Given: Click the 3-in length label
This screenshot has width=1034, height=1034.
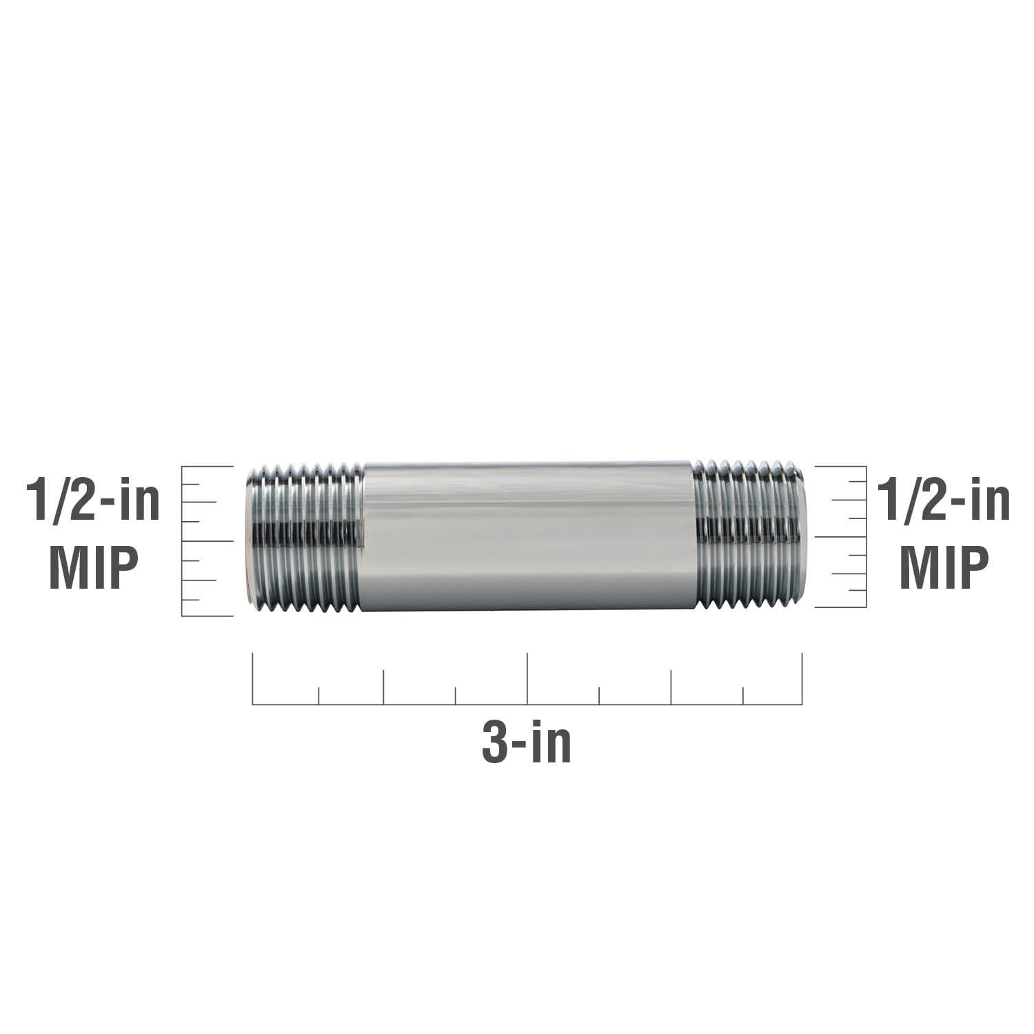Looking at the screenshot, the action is tap(527, 744).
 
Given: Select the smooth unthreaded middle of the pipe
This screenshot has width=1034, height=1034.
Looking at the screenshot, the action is tap(527, 536).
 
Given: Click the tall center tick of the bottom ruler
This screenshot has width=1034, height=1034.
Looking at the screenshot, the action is tap(527, 678).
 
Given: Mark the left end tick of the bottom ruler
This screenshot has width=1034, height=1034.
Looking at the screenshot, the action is tap(253, 678).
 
